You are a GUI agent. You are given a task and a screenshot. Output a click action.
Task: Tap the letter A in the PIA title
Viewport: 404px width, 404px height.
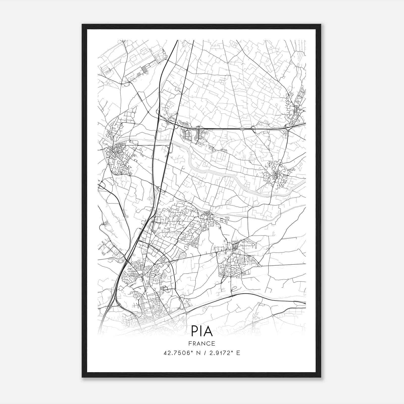(x=208, y=331)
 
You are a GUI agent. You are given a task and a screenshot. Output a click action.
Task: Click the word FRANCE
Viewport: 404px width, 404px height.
(x=202, y=343)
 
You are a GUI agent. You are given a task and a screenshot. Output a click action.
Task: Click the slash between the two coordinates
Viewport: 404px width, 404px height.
(x=204, y=353)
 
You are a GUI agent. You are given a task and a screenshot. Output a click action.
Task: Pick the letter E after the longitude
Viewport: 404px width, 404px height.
(x=238, y=353)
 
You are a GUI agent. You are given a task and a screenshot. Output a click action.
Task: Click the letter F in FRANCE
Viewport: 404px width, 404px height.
(x=190, y=343)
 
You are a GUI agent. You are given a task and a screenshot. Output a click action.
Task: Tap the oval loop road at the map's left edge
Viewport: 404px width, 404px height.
(x=101, y=186)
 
